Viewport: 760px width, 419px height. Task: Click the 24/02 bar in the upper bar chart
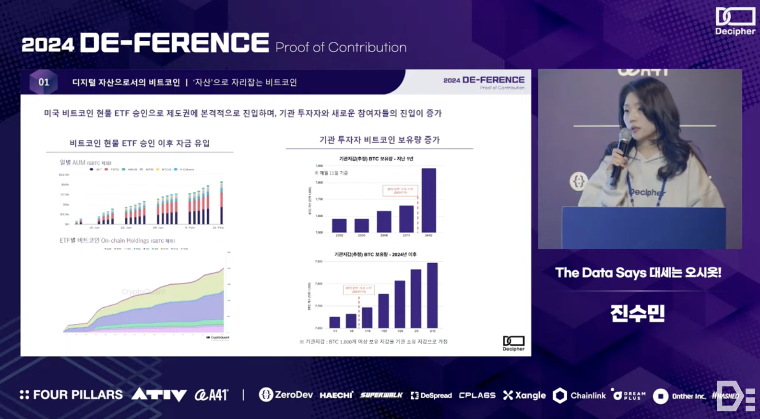coord(428,200)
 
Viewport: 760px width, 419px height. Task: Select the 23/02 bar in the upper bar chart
coord(339,225)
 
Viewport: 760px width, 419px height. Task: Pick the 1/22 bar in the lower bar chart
coord(383,311)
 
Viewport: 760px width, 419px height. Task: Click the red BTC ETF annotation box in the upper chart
coord(400,190)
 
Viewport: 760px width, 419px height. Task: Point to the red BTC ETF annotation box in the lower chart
coord(359,290)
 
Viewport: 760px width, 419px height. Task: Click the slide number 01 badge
coord(44,82)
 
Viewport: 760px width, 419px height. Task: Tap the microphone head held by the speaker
coord(625,136)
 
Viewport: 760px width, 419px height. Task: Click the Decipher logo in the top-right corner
coord(735,21)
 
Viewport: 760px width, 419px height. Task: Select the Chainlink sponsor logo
coord(580,396)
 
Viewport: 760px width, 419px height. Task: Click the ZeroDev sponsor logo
coord(286,395)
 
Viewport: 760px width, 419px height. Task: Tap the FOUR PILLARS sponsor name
coord(71,395)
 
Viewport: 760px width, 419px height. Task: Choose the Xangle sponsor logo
coord(524,395)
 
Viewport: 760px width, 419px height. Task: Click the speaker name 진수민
coord(638,313)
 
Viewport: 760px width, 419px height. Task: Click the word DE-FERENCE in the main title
coord(174,43)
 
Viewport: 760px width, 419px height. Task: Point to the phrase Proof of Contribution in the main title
coord(341,47)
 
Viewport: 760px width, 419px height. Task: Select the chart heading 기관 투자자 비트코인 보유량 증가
coord(380,140)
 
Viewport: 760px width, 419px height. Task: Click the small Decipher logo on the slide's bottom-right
coord(513,343)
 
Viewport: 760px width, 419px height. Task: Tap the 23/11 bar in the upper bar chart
coord(406,219)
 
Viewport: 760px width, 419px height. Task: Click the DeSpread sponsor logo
coord(431,396)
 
